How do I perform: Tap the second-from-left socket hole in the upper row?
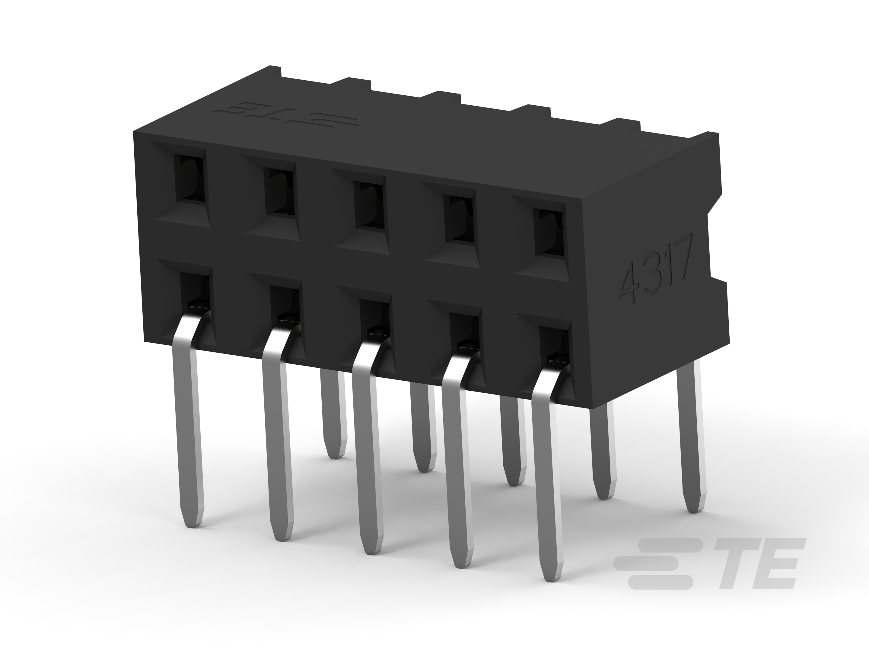[280, 192]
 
